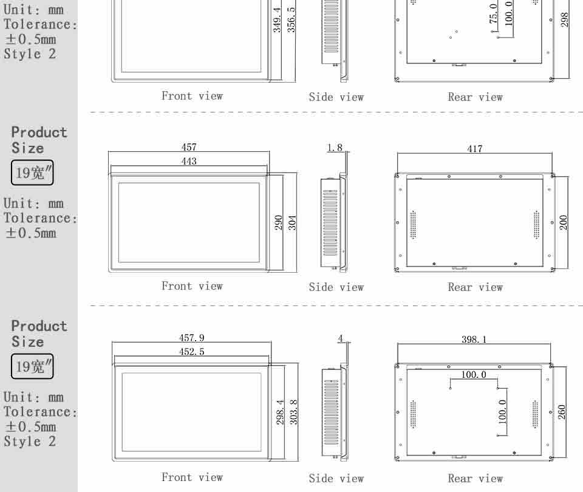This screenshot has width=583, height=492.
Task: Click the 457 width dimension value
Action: click(x=189, y=147)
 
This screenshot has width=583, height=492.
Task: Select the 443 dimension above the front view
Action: click(x=189, y=161)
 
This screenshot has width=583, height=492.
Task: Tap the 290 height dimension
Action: click(x=278, y=223)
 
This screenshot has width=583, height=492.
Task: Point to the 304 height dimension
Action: click(x=292, y=223)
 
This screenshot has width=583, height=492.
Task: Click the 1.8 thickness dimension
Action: click(x=335, y=148)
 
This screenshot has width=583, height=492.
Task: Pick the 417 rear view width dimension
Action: click(x=475, y=149)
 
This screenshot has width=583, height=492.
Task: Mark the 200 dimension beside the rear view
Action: click(x=564, y=222)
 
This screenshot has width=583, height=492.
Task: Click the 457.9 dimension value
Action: click(x=192, y=338)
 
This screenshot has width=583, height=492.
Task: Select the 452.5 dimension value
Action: click(x=192, y=352)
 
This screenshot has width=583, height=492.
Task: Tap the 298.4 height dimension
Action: click(x=280, y=412)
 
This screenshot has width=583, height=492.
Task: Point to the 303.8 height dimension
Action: click(x=294, y=412)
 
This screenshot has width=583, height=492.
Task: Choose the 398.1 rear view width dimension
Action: click(x=474, y=339)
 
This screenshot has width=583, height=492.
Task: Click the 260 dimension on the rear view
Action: click(x=562, y=412)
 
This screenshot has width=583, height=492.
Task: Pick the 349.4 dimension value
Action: click(x=277, y=19)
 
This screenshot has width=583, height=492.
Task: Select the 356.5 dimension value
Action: click(x=291, y=19)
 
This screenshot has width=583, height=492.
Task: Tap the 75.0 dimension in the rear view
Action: click(x=493, y=13)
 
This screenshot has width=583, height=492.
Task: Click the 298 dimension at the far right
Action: click(x=564, y=19)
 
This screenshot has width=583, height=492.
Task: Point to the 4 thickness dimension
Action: click(x=340, y=338)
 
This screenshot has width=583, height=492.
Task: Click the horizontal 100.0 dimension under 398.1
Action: click(x=474, y=375)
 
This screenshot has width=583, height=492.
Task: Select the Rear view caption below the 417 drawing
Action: click(x=475, y=287)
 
